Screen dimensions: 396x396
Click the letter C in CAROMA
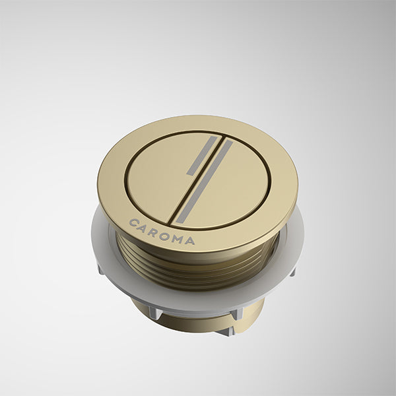134,222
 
